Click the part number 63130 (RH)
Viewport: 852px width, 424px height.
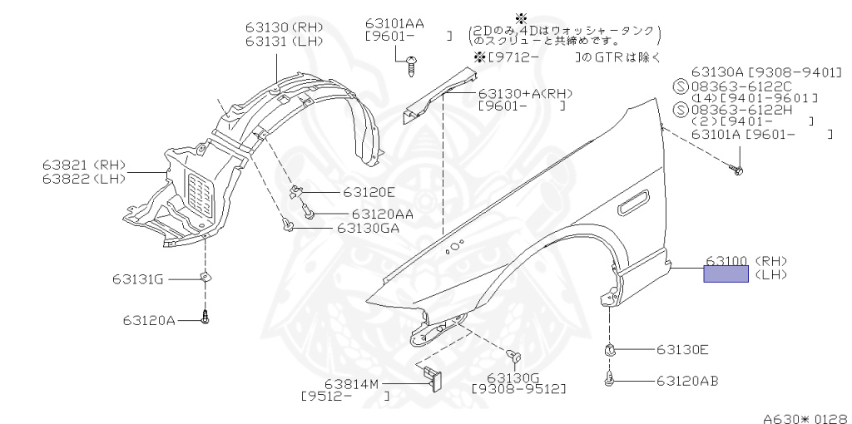point(284,27)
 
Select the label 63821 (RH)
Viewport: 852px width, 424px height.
point(84,165)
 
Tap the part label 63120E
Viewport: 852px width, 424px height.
point(369,192)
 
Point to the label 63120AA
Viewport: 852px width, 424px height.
point(382,214)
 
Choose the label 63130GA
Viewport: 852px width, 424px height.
point(368,228)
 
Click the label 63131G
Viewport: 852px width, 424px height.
point(138,279)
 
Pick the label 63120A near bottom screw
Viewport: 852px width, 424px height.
point(149,320)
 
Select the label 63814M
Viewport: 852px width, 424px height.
point(351,384)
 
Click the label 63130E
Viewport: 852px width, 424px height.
point(682,350)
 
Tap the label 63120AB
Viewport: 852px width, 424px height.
point(687,381)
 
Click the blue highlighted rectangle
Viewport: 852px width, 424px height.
point(726,274)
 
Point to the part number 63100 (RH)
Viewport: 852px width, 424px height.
point(746,260)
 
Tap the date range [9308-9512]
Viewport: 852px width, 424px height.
point(518,389)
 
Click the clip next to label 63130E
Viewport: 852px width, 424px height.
point(609,350)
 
